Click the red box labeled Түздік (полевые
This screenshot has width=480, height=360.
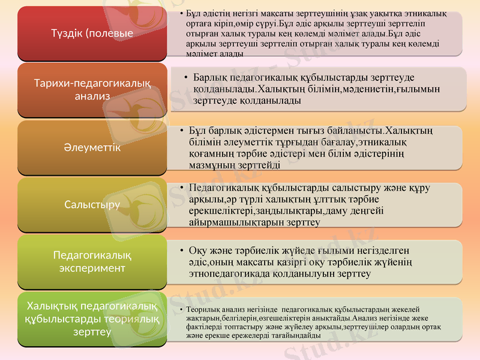coord(92,33)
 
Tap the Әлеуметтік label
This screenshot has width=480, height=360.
coord(92,146)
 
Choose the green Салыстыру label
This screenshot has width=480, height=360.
coord(92,204)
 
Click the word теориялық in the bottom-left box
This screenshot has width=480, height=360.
coord(133,319)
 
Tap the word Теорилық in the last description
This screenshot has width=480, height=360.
coord(204,309)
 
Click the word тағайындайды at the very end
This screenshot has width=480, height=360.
coord(298,336)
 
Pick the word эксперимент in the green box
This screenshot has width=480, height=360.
coord(92,268)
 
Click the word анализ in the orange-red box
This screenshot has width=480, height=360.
coord(92,96)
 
